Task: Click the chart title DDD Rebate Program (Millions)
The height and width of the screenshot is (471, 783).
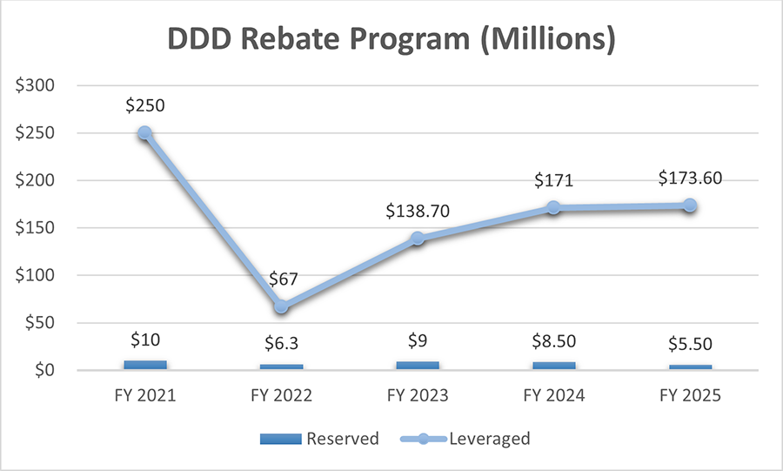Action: [391, 40]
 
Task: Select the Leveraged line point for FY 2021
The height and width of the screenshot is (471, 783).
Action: [145, 133]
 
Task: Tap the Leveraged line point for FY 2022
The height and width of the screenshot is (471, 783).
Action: [281, 306]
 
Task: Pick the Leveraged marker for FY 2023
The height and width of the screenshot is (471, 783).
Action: [418, 239]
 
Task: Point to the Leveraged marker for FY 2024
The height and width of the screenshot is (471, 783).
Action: [554, 208]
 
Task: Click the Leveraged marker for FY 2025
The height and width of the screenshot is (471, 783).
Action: [690, 205]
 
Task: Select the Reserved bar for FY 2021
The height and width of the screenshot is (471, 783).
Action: [145, 365]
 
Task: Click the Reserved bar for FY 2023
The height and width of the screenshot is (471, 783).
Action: [418, 366]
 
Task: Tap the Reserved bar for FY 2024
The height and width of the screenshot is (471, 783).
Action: [554, 366]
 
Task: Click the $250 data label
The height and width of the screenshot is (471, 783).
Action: [145, 105]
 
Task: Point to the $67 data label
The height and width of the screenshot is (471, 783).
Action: [281, 279]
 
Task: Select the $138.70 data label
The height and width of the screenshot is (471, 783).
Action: [418, 211]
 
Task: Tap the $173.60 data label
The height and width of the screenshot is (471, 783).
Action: [690, 178]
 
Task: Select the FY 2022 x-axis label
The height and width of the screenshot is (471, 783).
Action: [281, 395]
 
